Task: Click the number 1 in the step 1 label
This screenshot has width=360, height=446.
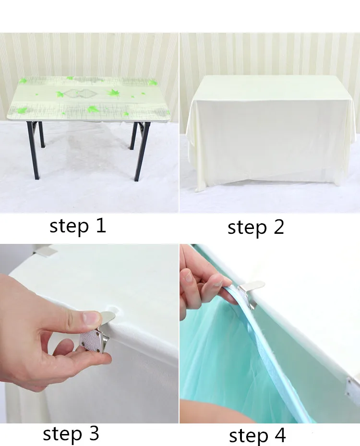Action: coord(101,226)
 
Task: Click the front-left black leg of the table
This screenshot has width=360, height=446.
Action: coord(34,150)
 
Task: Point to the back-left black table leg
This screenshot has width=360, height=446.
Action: coord(41,134)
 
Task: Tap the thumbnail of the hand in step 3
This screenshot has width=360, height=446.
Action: coord(91,318)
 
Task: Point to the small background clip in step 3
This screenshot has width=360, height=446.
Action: coord(46,251)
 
